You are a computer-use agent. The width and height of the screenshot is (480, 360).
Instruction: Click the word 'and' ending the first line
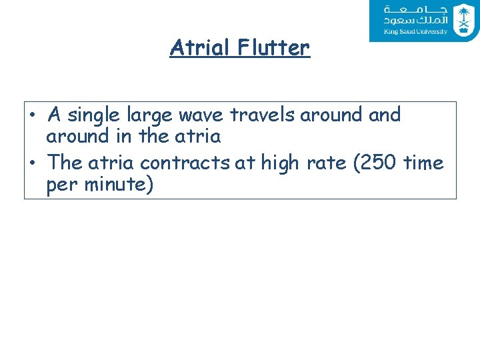(x=385, y=115)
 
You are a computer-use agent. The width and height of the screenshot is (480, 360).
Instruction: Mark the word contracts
(x=185, y=163)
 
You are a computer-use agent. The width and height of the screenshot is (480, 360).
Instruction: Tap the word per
(x=61, y=184)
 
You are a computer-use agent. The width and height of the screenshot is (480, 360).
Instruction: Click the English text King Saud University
(x=415, y=31)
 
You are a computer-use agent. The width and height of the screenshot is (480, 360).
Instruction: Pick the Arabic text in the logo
(x=415, y=15)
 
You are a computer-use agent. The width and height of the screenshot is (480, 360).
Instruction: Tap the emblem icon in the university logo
(x=462, y=19)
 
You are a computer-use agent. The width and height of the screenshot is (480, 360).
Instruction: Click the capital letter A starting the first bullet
(x=55, y=115)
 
